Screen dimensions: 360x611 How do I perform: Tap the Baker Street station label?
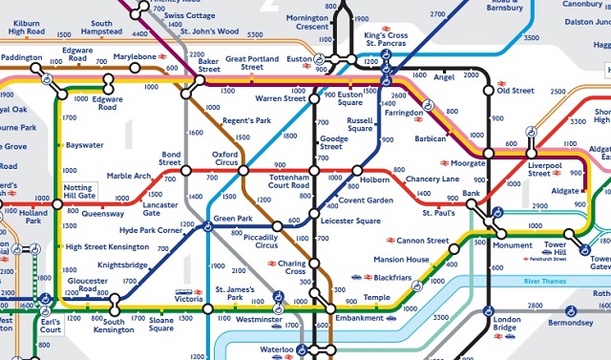point(209,64)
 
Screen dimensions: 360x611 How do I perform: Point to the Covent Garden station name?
point(366,201)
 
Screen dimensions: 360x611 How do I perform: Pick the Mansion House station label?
point(402,259)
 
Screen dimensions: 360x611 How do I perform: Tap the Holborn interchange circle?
point(357,171)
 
